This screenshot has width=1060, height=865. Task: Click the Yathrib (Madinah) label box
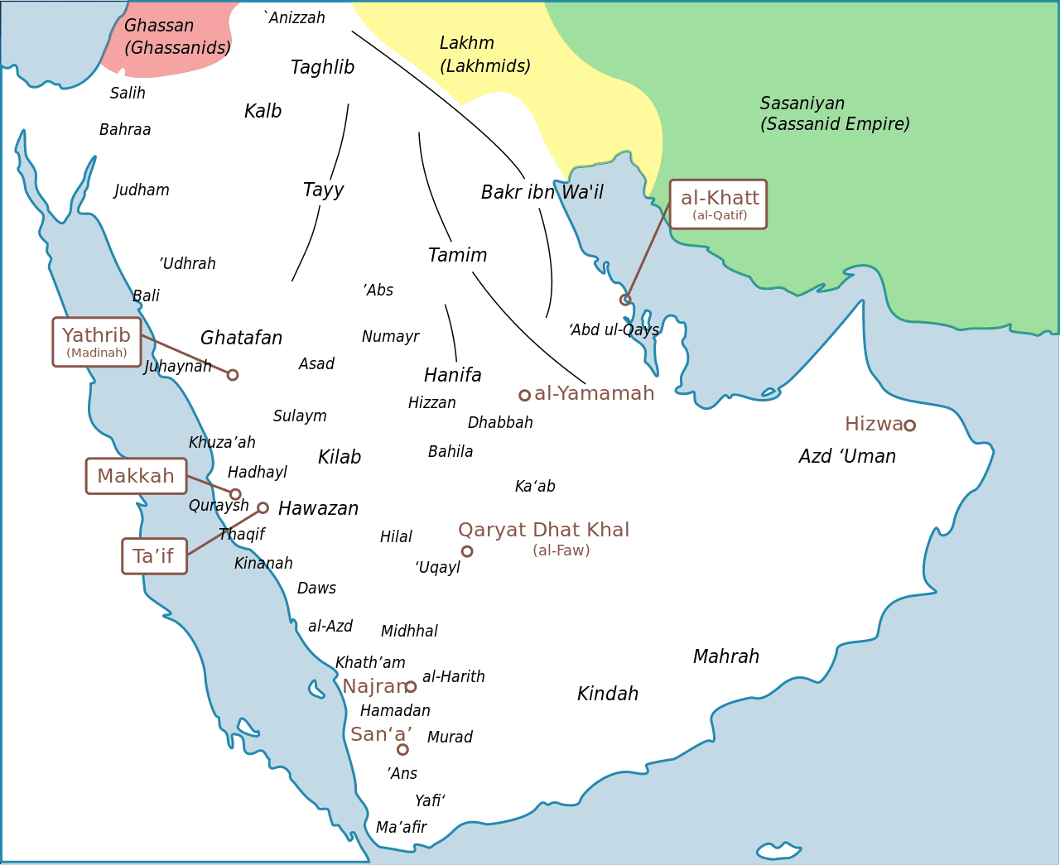(97, 342)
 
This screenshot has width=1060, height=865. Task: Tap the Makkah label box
(137, 476)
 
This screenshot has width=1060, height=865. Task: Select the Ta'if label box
(154, 556)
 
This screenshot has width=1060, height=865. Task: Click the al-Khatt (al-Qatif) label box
(718, 204)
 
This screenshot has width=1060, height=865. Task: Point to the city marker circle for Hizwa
(909, 425)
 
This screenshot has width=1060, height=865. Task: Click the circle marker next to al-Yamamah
(524, 396)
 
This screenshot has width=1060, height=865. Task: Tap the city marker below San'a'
(402, 750)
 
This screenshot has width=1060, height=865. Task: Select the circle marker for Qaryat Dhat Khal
(467, 551)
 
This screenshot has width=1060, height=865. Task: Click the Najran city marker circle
(411, 687)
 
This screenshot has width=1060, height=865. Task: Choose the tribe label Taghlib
(322, 68)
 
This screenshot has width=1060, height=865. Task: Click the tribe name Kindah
(607, 694)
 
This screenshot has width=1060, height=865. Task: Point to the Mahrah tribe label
(725, 657)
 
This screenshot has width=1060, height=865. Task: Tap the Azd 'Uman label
(847, 457)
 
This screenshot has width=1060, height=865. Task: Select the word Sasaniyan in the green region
(802, 103)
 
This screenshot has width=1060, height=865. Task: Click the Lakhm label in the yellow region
(467, 43)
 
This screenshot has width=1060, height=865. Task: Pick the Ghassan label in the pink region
(159, 26)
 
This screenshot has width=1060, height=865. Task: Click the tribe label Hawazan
(318, 509)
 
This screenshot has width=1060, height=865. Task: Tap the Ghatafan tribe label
(241, 339)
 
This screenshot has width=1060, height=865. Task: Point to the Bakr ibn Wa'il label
(542, 193)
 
